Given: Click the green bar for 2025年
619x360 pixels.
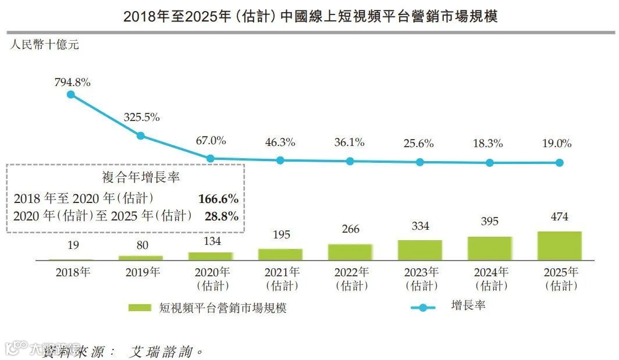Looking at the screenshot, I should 559,245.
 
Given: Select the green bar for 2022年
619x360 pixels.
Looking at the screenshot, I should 350,251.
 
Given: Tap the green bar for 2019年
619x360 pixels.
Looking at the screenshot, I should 140,257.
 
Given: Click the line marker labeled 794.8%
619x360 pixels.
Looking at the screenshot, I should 71,94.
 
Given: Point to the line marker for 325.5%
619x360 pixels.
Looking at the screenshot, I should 141,136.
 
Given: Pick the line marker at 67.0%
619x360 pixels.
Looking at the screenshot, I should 211,158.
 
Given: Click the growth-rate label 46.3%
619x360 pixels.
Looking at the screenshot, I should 280,142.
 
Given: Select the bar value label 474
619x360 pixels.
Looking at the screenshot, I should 559,217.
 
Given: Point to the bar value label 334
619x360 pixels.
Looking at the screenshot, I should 420,226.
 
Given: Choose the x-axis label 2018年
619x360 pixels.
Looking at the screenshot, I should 73,272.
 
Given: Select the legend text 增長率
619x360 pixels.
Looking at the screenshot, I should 468,305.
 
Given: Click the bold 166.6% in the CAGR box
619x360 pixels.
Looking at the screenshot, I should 218,199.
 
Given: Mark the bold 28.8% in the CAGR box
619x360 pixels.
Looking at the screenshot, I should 222,216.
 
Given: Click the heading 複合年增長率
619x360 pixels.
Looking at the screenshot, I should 125,177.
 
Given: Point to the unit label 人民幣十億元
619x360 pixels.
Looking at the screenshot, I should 44,45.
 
